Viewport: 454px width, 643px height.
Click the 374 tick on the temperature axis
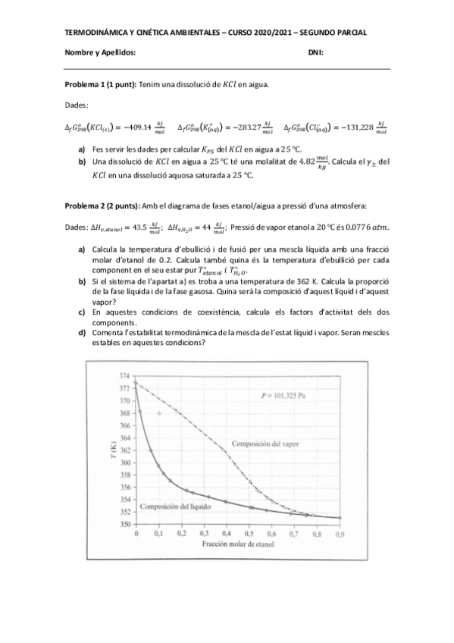[x=122, y=376]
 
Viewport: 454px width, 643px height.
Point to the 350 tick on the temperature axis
[x=122, y=524]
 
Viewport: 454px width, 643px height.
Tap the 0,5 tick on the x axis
[x=250, y=535]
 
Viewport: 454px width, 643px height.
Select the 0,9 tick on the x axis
[x=340, y=535]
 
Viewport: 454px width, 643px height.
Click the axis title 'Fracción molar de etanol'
[x=236, y=545]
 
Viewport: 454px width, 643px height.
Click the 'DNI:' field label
[x=316, y=52]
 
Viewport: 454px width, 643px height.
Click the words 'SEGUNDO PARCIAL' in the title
[x=333, y=33]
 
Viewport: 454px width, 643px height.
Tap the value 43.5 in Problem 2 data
[x=137, y=226]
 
